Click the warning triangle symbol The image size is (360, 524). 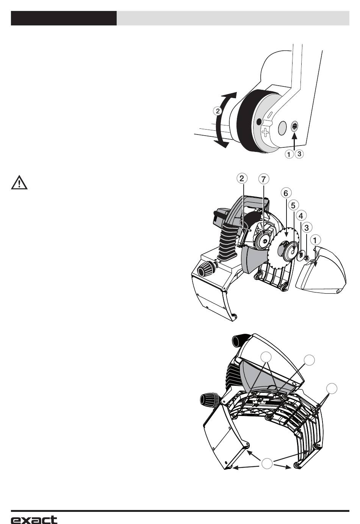point(18,183)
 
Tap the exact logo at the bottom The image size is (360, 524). point(34,519)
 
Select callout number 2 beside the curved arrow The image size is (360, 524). point(217,111)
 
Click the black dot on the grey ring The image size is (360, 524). point(259,122)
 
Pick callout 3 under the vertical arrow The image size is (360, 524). point(299,154)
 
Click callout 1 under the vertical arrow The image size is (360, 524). point(290,154)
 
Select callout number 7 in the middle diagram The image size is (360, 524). point(264,178)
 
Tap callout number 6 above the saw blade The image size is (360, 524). point(286,193)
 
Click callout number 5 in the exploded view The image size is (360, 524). point(293,205)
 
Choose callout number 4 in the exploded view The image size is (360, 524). point(301,216)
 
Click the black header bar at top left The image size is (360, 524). point(64,18)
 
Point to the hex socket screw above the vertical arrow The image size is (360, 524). point(294,127)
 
